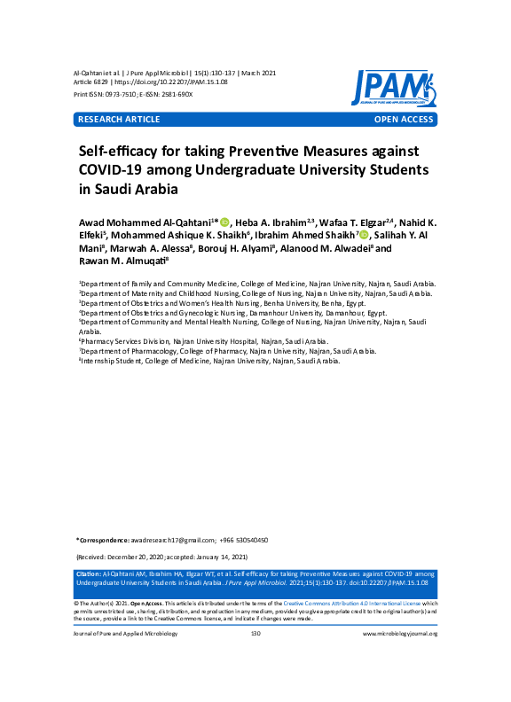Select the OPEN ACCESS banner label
[404, 119]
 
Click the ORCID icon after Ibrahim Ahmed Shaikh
[364, 235]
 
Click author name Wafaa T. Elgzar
[353, 222]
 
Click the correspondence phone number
[248, 540]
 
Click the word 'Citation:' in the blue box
[90, 575]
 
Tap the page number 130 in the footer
[255, 634]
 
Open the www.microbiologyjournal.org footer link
[400, 634]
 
